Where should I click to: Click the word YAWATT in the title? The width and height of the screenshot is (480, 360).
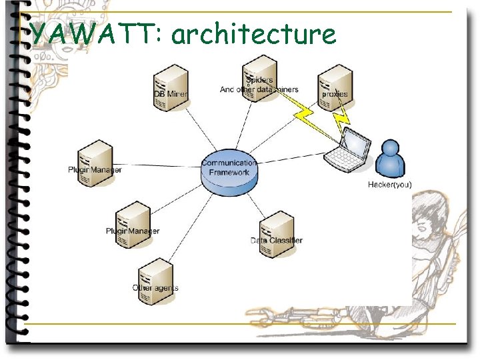pyautogui.click(x=93, y=33)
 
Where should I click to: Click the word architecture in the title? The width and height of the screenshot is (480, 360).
pyautogui.click(x=253, y=34)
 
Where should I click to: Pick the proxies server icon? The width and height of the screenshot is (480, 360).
pyautogui.click(x=335, y=84)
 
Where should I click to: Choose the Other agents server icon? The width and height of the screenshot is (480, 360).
pyautogui.click(x=155, y=280)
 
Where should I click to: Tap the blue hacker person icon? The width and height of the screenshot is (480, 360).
pyautogui.click(x=389, y=159)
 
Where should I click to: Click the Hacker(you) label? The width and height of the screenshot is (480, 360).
pyautogui.click(x=390, y=185)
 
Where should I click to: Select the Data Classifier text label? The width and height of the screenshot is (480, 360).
pyautogui.click(x=277, y=240)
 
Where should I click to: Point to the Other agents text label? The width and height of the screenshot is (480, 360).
pyautogui.click(x=155, y=288)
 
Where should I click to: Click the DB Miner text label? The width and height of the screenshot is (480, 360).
pyautogui.click(x=171, y=94)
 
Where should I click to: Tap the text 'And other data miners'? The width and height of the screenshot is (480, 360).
pyautogui.click(x=259, y=90)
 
